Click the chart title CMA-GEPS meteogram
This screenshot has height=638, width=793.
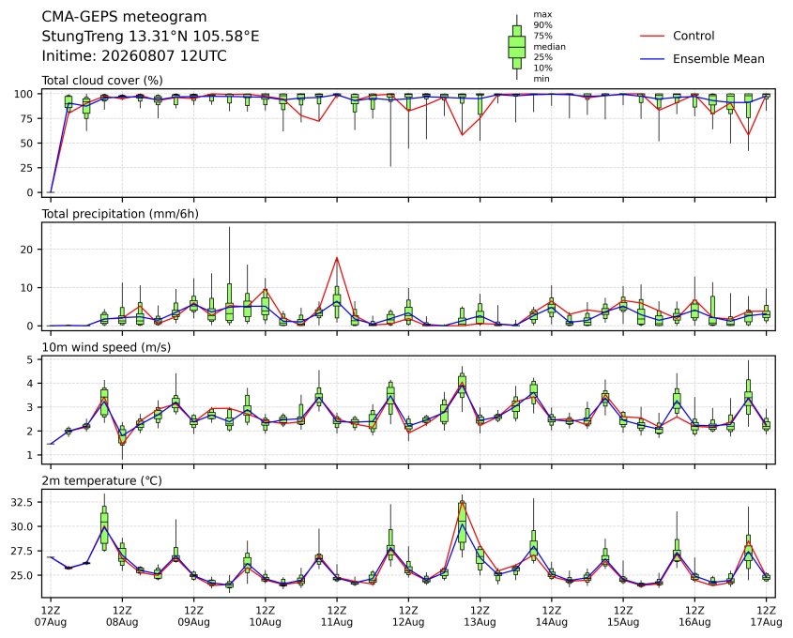(x=124, y=17)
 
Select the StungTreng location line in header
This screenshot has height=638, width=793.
(x=150, y=37)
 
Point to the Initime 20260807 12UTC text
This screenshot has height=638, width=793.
(x=134, y=55)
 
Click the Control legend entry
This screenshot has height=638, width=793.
(x=678, y=36)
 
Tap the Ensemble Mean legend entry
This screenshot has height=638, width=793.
(x=702, y=59)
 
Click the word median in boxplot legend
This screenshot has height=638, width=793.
(x=549, y=47)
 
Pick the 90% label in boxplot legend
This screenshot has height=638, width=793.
(x=542, y=24)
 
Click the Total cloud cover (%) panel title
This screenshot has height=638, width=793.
(x=102, y=81)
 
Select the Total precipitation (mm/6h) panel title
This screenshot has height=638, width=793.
(x=120, y=214)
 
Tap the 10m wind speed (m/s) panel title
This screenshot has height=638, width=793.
(x=106, y=347)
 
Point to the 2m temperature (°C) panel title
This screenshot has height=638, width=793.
(x=101, y=480)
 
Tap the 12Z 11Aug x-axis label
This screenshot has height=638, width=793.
(x=337, y=615)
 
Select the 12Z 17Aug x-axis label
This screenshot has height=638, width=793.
(x=766, y=615)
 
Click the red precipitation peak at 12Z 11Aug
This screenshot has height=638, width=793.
(x=337, y=258)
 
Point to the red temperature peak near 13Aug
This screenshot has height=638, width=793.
(x=462, y=501)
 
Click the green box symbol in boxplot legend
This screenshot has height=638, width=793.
(x=516, y=47)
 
